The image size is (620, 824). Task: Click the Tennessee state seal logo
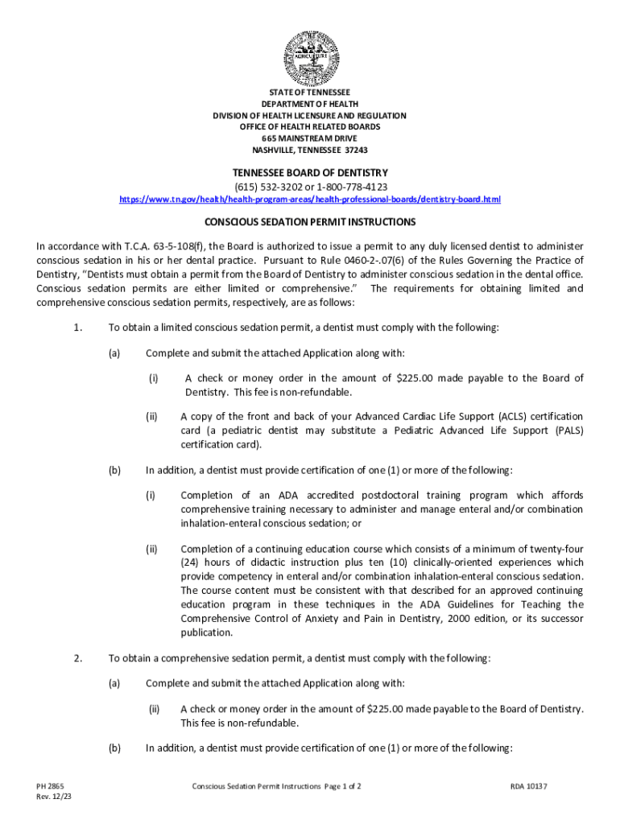click(310, 57)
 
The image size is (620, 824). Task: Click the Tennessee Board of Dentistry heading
click(310, 173)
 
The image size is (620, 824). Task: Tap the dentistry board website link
click(310, 199)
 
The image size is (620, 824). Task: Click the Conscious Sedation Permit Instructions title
click(310, 221)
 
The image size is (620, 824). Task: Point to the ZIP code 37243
click(355, 150)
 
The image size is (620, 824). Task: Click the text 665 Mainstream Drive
click(310, 138)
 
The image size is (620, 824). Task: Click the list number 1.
click(77, 328)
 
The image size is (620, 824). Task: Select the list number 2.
click(77, 659)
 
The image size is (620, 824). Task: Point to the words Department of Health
click(310, 105)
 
